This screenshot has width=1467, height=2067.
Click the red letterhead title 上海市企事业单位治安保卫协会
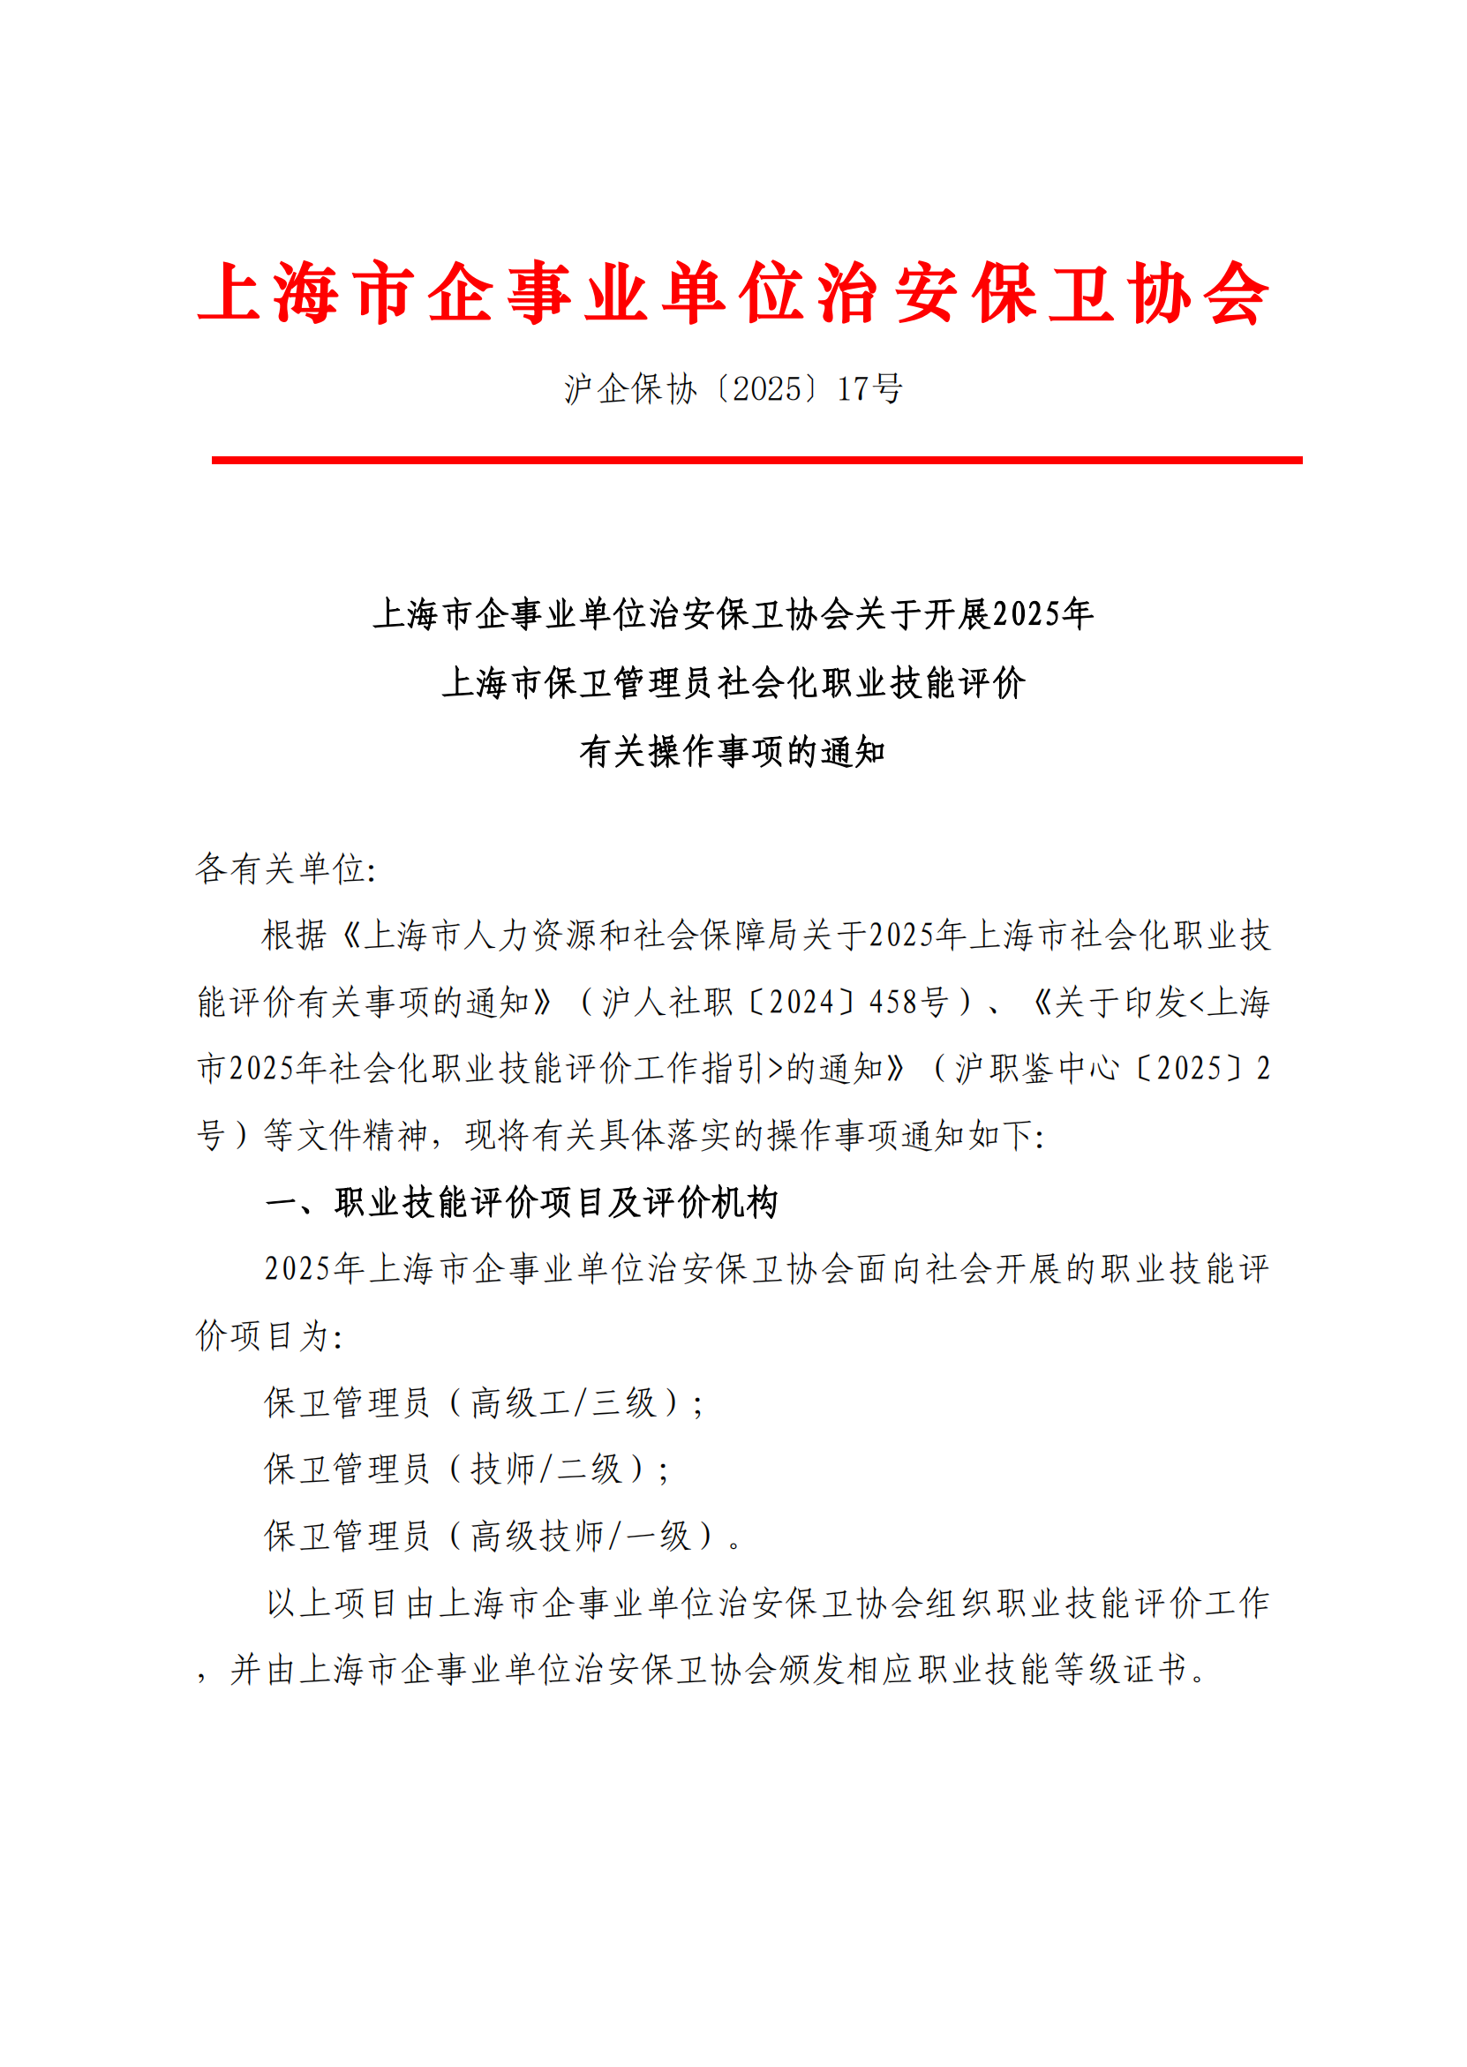click(733, 293)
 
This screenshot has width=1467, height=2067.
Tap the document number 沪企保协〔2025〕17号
click(733, 389)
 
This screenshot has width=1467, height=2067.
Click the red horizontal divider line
click(756, 461)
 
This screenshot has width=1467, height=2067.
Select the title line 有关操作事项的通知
click(733, 751)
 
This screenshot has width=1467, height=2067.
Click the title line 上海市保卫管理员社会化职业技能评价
click(733, 683)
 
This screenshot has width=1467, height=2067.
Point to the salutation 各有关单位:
click(285, 868)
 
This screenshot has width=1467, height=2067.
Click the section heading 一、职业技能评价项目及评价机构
click(522, 1202)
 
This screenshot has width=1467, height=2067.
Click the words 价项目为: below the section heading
click(269, 1335)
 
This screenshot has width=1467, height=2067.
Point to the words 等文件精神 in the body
click(345, 1135)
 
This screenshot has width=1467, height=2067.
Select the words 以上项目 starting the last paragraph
click(333, 1603)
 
